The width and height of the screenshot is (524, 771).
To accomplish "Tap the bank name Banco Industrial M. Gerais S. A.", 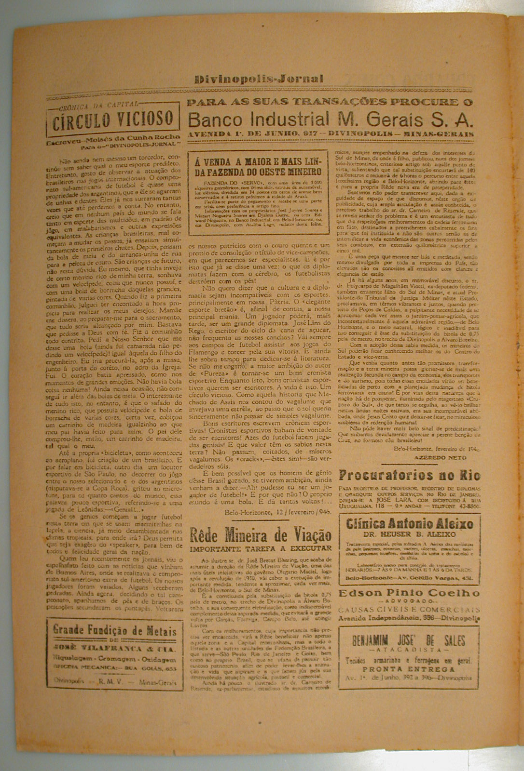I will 331,119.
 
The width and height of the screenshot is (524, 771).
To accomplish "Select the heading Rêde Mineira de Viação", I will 261,535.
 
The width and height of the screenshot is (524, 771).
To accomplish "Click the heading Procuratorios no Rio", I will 410,475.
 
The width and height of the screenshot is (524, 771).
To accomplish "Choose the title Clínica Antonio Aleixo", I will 410,524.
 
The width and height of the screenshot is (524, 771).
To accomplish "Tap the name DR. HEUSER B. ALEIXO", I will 410,534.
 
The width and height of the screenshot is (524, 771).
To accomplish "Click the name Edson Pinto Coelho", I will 410,593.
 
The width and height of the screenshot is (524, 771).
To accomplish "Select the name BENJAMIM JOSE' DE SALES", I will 409,640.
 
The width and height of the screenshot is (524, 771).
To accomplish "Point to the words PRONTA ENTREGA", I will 409,670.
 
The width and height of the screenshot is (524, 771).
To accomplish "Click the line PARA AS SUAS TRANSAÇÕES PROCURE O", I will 331,102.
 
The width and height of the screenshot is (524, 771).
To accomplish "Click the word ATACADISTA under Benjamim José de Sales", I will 409,651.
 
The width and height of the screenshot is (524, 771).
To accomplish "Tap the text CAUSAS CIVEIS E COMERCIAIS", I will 410,609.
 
